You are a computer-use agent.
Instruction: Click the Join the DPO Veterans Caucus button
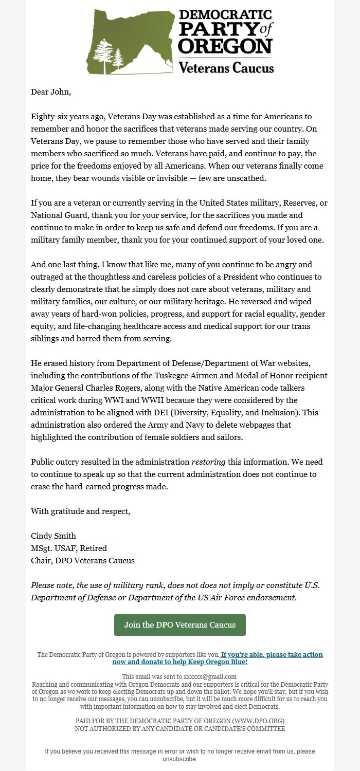[x=180, y=625]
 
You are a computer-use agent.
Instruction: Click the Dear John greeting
[x=51, y=92]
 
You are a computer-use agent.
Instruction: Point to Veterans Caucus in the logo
[x=226, y=67]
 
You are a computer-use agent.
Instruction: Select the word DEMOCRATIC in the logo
[x=225, y=15]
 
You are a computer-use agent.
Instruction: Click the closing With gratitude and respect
[x=81, y=511]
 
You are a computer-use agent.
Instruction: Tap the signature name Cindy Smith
[x=53, y=536]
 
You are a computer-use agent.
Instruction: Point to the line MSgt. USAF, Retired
[x=69, y=548]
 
